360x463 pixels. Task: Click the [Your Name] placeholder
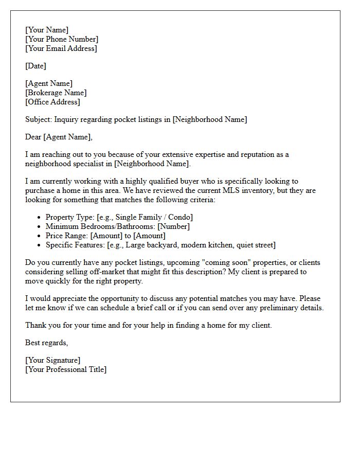click(x=47, y=30)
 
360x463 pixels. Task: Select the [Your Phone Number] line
click(x=62, y=39)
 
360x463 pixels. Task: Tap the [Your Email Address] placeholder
click(x=61, y=48)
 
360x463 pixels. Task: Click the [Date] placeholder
click(x=35, y=66)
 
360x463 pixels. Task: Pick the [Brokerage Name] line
click(x=56, y=93)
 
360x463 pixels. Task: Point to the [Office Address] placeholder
click(x=52, y=102)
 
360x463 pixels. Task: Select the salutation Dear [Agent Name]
click(x=59, y=137)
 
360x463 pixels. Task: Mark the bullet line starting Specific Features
click(x=160, y=245)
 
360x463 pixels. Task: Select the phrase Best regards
click(x=46, y=343)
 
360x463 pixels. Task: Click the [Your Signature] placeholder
click(x=52, y=360)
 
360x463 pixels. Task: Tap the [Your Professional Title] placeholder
click(x=66, y=369)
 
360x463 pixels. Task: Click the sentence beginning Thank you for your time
click(x=148, y=325)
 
